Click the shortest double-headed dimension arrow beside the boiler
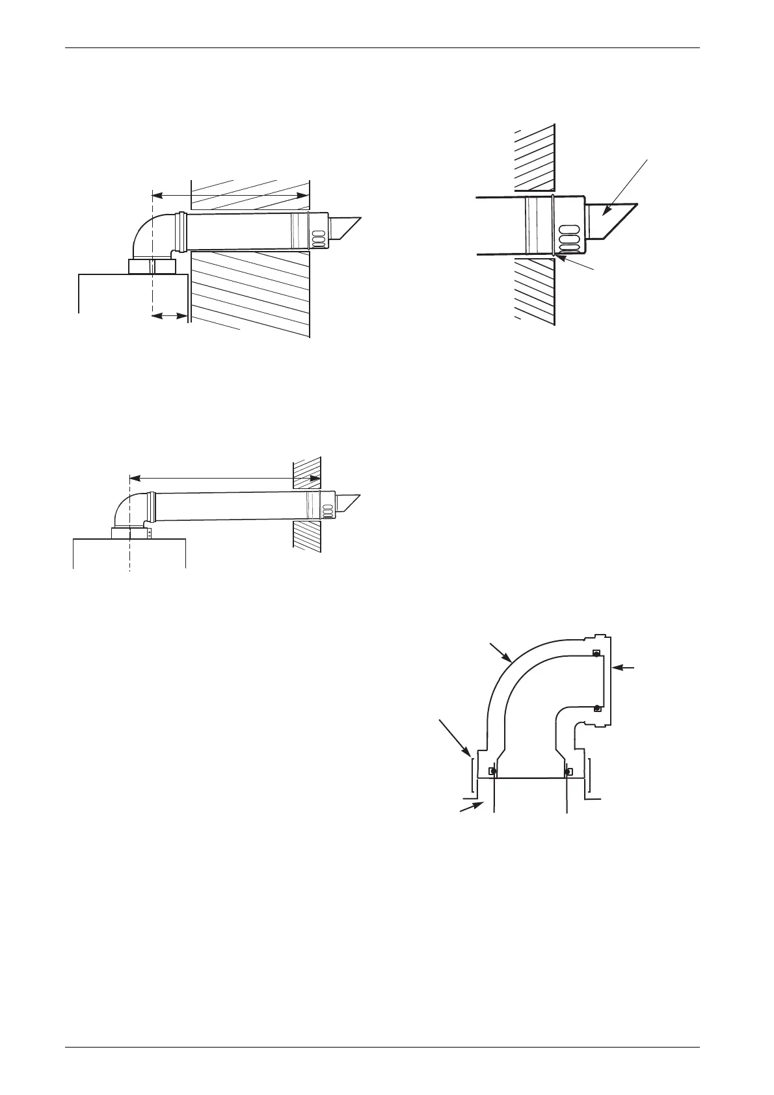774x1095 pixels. point(170,316)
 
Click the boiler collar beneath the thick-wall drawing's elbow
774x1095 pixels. point(152,267)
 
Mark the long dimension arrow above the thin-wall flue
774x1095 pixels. point(224,478)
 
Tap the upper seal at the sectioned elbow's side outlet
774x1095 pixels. point(596,653)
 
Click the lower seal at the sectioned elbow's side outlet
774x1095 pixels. point(596,707)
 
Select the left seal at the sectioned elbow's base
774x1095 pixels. point(494,771)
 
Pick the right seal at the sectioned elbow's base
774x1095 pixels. point(569,771)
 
